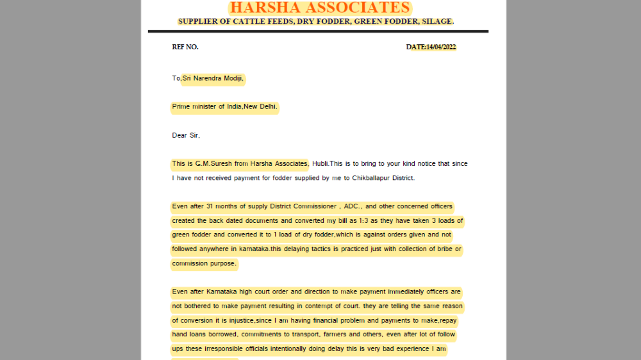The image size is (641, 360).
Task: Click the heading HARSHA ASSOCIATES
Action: (x=320, y=8)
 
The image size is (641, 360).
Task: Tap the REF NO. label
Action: (x=185, y=47)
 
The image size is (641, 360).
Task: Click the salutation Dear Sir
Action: (x=186, y=135)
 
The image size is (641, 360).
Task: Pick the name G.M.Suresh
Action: (x=209, y=163)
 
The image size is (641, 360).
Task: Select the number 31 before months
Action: (x=211, y=206)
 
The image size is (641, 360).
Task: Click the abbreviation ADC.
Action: (x=353, y=206)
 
